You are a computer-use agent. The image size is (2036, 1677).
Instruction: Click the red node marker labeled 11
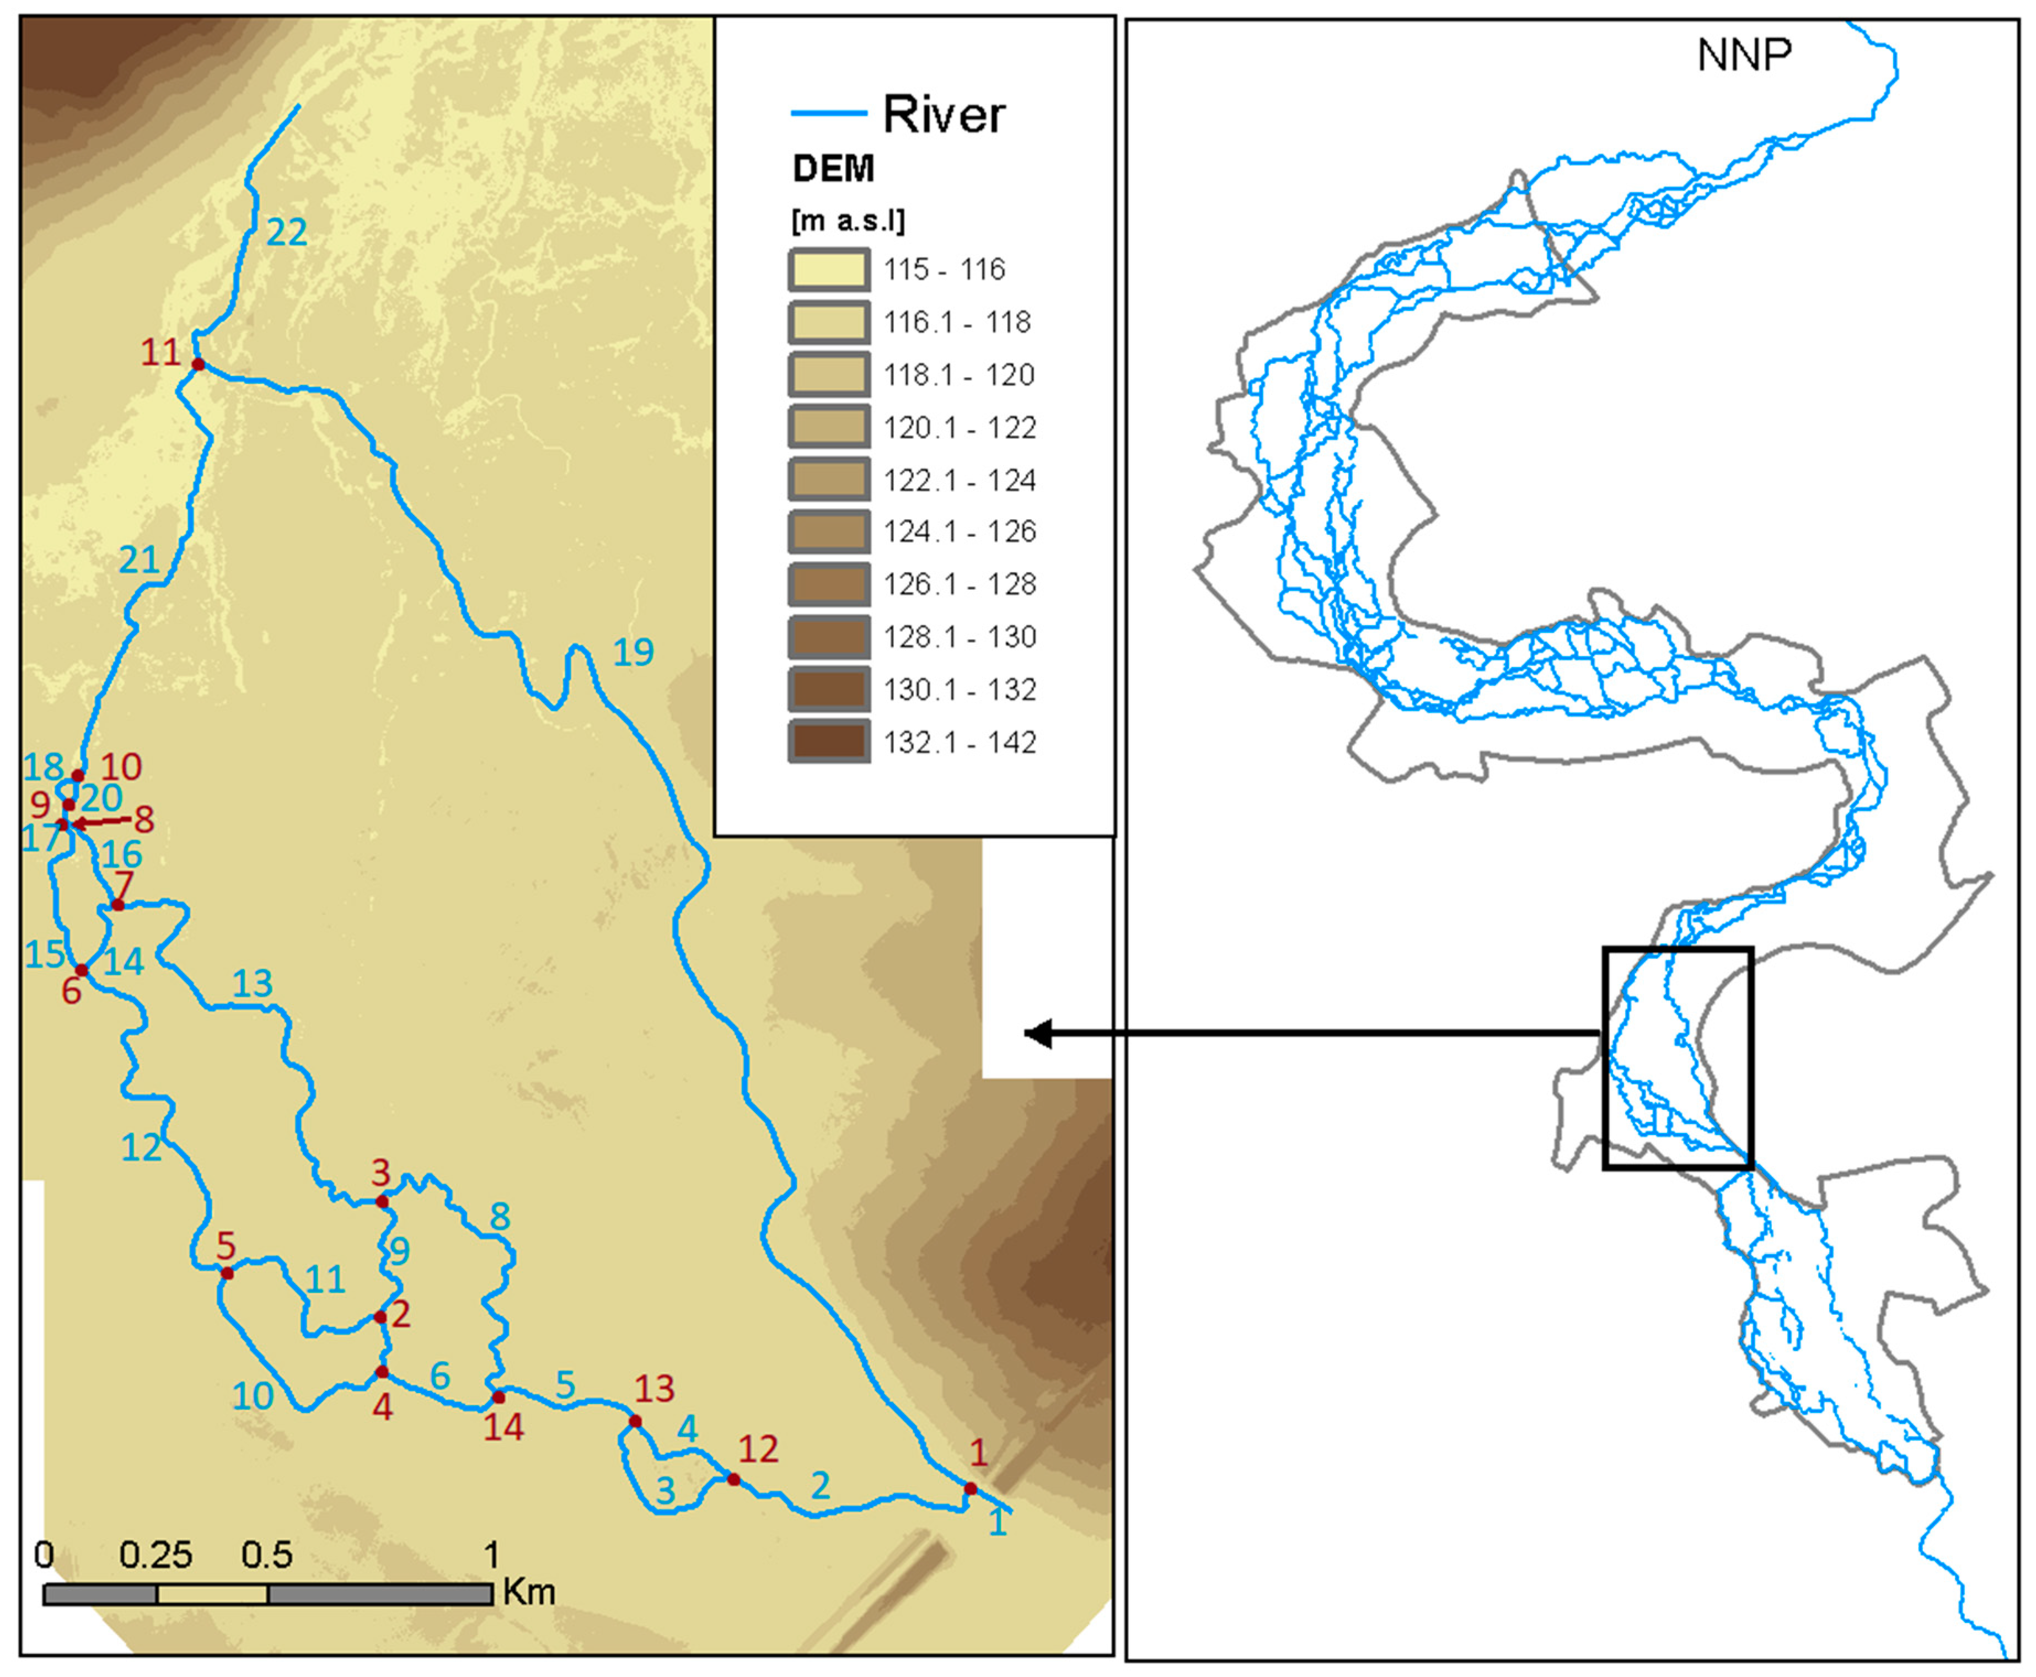coord(198,364)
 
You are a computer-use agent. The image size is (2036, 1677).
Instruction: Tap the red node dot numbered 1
coord(970,1488)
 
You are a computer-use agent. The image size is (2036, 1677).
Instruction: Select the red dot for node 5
coord(227,1273)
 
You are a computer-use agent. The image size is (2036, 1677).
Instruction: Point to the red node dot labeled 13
coord(635,1421)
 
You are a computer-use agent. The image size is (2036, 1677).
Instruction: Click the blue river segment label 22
coord(287,232)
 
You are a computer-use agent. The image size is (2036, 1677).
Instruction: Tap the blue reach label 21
coord(138,560)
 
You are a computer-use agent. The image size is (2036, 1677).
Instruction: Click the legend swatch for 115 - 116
coord(828,270)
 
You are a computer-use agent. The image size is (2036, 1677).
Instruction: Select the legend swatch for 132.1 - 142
coord(828,742)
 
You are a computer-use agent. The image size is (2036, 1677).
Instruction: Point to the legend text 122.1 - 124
coord(960,480)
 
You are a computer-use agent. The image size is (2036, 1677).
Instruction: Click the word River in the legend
coord(943,115)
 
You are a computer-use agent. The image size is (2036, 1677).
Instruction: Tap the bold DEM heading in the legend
coord(833,169)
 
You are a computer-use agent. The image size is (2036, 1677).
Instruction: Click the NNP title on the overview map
coord(1744,55)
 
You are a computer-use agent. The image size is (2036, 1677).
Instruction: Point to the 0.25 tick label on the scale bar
coord(156,1554)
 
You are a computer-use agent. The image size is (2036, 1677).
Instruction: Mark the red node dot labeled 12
coord(733,1479)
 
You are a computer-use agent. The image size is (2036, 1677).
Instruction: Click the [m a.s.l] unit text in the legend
coord(848,221)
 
